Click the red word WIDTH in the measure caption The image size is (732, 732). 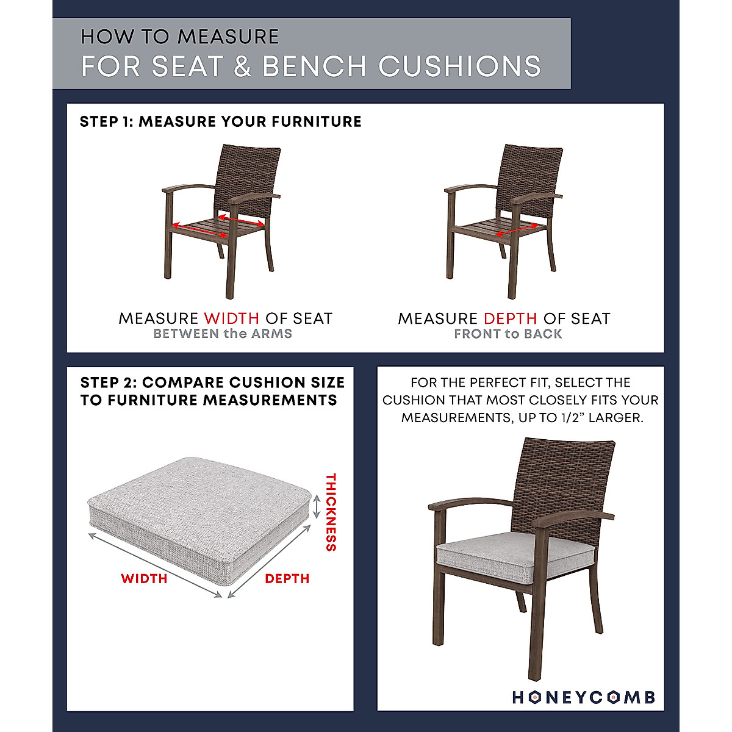click(x=231, y=318)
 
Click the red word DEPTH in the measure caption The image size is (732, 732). click(x=510, y=318)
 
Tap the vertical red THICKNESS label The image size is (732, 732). click(x=331, y=512)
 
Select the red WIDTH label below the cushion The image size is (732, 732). click(x=144, y=579)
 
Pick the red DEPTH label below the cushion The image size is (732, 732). click(x=287, y=579)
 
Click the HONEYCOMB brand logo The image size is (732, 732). click(x=583, y=697)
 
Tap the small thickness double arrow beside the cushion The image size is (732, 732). click(x=316, y=506)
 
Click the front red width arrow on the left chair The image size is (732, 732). click(x=200, y=231)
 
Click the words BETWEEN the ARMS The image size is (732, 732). click(x=223, y=334)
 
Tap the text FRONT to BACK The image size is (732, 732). click(x=508, y=334)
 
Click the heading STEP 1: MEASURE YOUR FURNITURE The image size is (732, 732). click(x=220, y=121)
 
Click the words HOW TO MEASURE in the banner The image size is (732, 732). click(x=179, y=37)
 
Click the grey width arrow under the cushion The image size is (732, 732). click(x=156, y=565)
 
